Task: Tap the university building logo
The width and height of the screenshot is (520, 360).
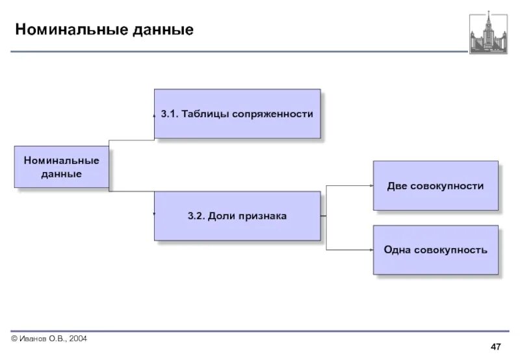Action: [487, 32]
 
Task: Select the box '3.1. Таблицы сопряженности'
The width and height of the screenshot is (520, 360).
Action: [237, 114]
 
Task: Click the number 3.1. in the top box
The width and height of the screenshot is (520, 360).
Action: [170, 114]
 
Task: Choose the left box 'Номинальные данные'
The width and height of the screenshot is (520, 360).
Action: [62, 167]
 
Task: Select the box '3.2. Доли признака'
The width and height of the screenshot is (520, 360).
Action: [237, 216]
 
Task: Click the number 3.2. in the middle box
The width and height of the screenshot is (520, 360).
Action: [196, 216]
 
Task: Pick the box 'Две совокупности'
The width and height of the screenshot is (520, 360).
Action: [435, 186]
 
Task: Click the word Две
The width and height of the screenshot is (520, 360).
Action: [397, 186]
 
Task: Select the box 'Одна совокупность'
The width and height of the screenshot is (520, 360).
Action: [435, 250]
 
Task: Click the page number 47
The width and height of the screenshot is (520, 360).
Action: [495, 345]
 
